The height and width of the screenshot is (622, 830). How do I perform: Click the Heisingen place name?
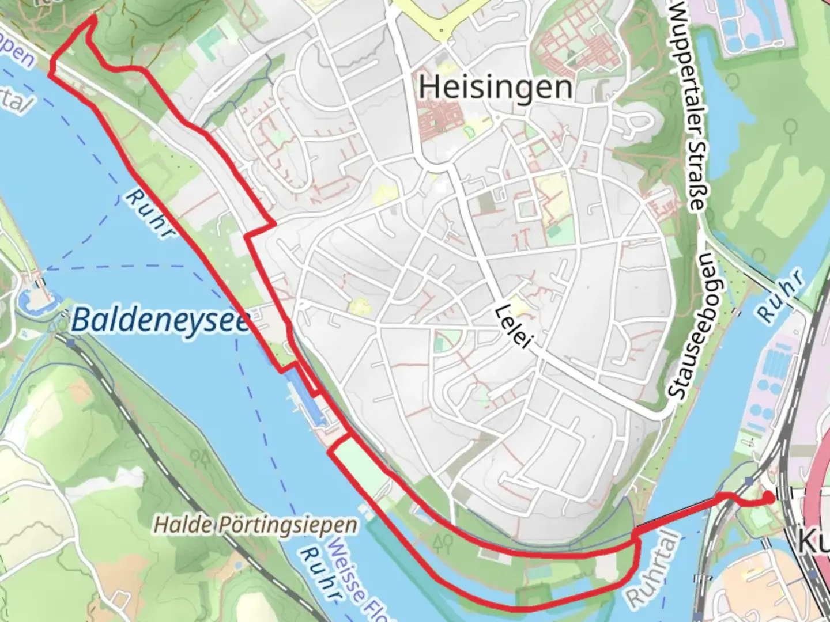(x=496, y=88)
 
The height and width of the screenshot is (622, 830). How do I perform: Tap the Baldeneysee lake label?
(x=161, y=320)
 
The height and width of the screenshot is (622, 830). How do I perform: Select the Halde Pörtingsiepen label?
(x=255, y=525)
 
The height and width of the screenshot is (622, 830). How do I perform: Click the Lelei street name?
(x=512, y=327)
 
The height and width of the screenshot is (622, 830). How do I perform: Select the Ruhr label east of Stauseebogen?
(x=780, y=297)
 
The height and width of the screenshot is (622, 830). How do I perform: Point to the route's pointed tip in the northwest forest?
(x=92, y=18)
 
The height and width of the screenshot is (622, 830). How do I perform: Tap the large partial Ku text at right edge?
(x=813, y=541)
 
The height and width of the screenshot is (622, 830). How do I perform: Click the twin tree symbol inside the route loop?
(x=443, y=541)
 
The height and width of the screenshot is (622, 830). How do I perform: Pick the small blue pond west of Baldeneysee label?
(x=27, y=299)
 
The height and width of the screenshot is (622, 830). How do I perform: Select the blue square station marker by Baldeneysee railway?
(x=71, y=343)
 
